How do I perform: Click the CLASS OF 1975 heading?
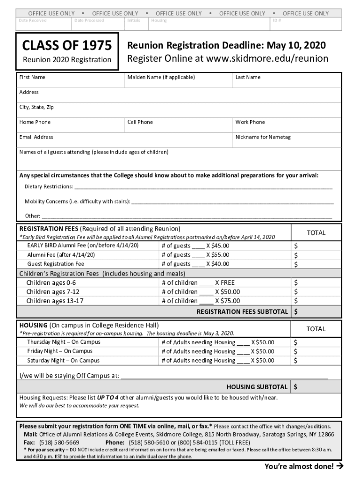coord(67,45)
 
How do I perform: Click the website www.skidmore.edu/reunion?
coord(267,59)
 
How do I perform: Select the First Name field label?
coord(32,77)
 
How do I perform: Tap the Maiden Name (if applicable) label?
coord(161,77)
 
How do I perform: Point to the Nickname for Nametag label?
coord(263,137)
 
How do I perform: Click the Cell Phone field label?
coord(140,122)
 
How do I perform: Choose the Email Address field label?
coord(36,137)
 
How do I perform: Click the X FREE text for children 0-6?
coord(225,283)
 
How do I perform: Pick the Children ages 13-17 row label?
coord(55,301)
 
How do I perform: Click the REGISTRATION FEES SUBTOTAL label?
coord(242,312)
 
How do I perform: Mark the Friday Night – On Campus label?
coord(60,351)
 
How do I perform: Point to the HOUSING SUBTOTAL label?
coord(257,387)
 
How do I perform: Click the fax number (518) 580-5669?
coord(59,442)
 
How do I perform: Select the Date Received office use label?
coord(32,21)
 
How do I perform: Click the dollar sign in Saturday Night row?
coord(295,361)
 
